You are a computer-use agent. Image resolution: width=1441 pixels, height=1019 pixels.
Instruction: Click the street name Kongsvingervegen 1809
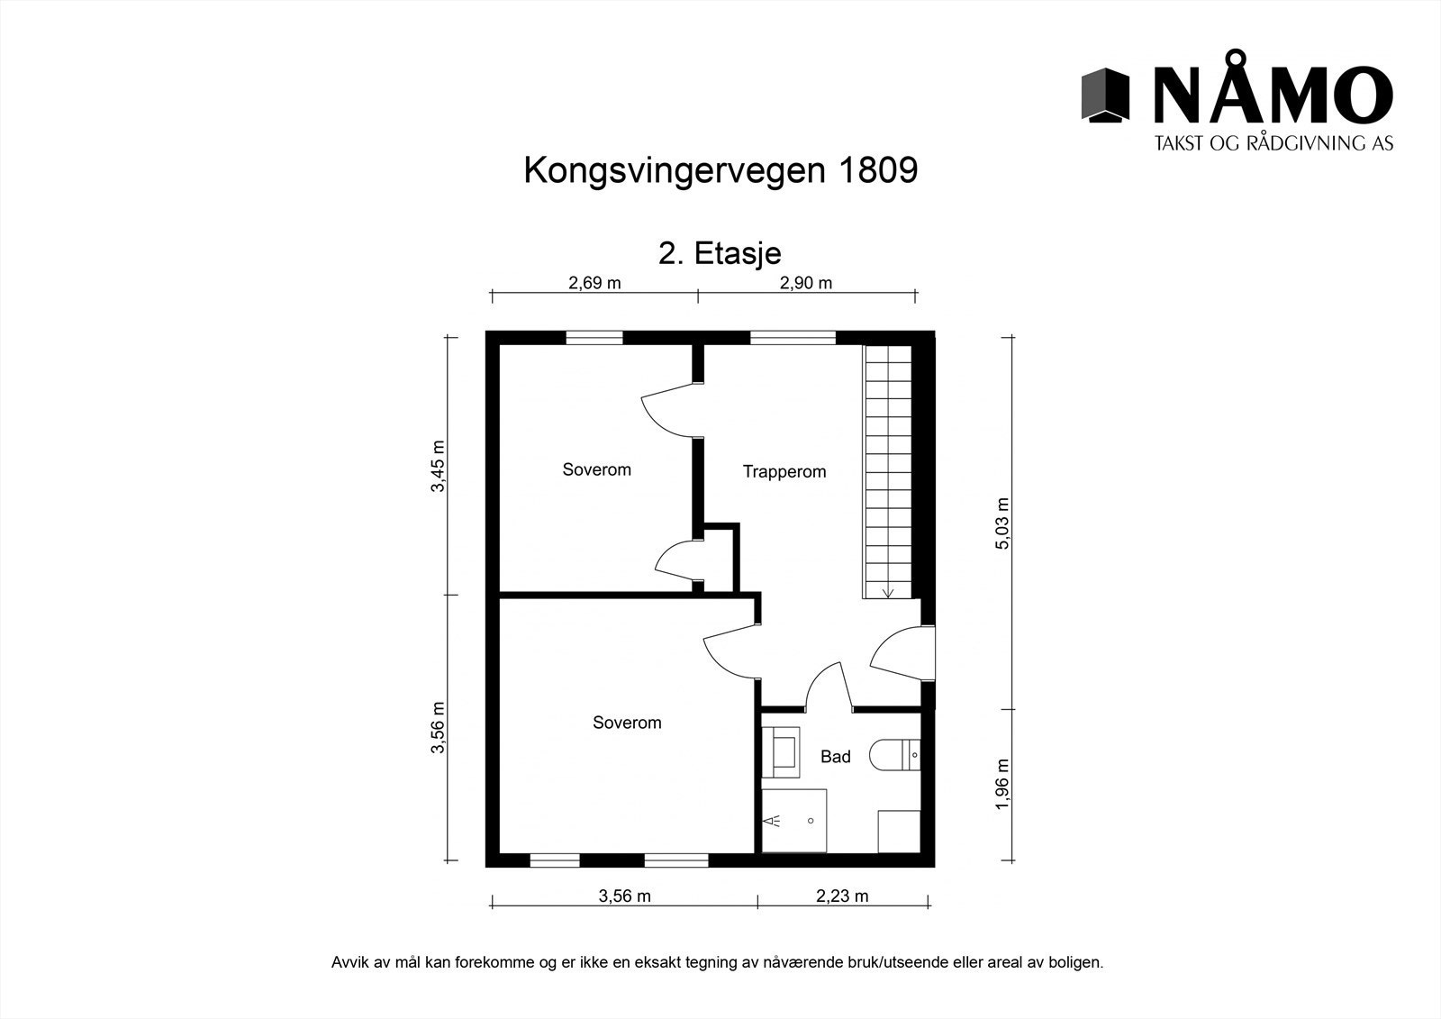point(720,170)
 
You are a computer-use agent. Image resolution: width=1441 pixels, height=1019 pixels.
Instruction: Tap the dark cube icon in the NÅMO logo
point(1105,94)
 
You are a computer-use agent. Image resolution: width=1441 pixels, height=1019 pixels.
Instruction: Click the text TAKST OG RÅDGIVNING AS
point(1273,143)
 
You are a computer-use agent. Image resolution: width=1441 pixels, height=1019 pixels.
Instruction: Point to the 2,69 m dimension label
point(594,283)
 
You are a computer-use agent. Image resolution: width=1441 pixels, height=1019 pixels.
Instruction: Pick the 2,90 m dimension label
point(805,283)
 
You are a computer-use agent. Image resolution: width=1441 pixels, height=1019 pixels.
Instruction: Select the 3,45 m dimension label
point(439,466)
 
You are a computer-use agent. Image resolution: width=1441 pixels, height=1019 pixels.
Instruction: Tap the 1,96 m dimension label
point(1002,784)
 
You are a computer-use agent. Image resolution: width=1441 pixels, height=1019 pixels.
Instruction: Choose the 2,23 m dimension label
point(842,896)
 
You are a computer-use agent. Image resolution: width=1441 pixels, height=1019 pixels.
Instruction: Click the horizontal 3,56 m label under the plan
point(624,896)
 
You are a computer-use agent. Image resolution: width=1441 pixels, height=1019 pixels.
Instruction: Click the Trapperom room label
point(784,471)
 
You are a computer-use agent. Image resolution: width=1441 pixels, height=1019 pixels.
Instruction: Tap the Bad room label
point(835,757)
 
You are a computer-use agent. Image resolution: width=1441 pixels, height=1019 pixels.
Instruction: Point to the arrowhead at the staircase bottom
point(888,592)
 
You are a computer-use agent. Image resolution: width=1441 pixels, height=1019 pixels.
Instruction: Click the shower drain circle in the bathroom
point(811,821)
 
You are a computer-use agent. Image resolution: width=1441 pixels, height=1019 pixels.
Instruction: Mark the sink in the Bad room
point(781,751)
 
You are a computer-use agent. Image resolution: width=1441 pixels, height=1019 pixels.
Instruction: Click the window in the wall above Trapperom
point(793,339)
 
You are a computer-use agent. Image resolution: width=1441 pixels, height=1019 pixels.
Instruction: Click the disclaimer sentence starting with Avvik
point(718,962)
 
